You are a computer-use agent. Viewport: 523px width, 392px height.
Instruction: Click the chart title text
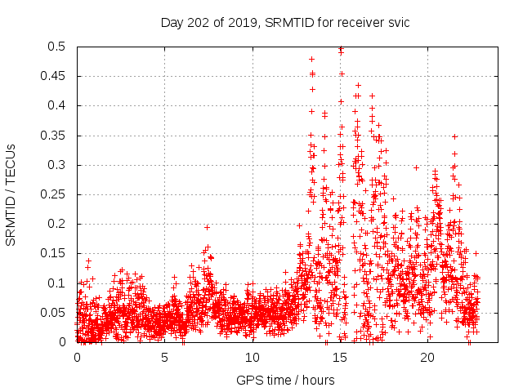(x=285, y=22)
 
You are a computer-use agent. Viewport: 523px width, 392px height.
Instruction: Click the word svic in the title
(x=396, y=22)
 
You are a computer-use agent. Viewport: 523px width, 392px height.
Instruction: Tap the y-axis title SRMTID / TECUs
(x=11, y=194)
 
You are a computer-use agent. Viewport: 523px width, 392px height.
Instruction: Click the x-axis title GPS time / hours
(x=285, y=380)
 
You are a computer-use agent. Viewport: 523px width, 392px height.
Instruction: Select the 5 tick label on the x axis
(x=164, y=358)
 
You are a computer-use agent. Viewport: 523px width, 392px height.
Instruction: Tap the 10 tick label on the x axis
(x=252, y=358)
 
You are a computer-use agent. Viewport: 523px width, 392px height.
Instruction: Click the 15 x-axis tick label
(x=339, y=358)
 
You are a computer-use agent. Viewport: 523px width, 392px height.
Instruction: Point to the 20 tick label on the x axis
(x=427, y=358)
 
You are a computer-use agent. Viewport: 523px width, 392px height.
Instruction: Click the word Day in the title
(x=172, y=22)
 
